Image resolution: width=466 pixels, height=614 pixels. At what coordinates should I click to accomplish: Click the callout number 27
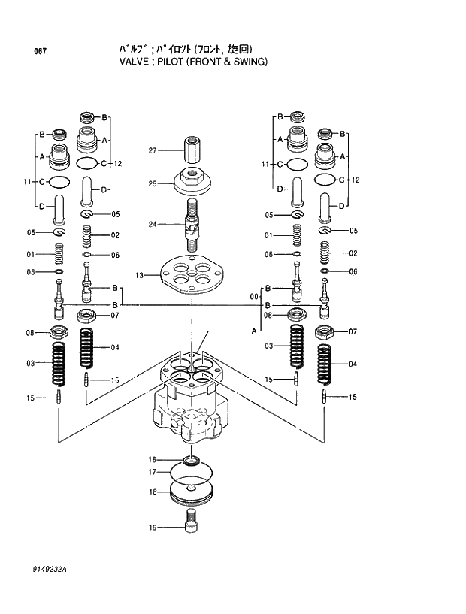(152, 150)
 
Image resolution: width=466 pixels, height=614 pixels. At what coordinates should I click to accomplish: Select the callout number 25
(152, 183)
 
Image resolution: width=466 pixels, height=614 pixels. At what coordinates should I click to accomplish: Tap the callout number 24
(152, 224)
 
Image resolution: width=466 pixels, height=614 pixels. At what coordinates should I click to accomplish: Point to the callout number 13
(139, 276)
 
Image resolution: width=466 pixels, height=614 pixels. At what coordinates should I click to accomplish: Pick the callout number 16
(152, 459)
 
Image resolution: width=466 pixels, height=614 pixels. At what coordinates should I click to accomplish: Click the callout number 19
(152, 528)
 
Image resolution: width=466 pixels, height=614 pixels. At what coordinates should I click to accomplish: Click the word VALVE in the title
(135, 62)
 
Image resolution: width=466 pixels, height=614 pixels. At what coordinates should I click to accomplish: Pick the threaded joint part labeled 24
(193, 225)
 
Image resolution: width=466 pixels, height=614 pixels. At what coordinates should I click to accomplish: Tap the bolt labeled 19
(192, 519)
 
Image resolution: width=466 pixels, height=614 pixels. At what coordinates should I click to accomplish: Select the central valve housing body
(191, 410)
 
